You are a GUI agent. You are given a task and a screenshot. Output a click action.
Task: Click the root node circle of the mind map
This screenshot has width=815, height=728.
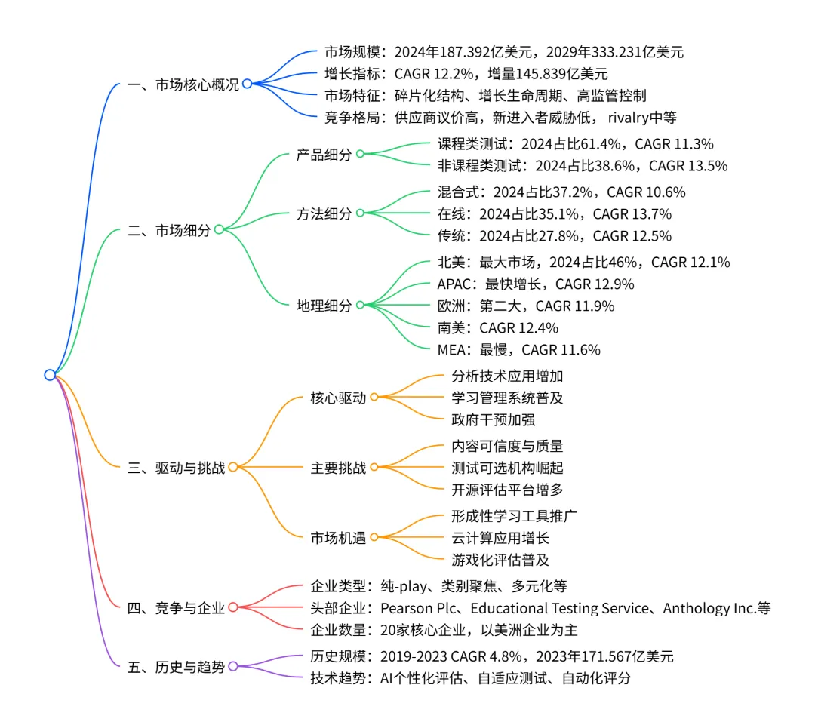[x=50, y=375]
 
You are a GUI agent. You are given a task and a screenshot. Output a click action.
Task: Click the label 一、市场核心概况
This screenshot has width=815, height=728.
[x=183, y=84]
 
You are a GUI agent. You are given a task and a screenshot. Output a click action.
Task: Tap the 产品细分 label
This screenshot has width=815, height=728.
[x=324, y=155]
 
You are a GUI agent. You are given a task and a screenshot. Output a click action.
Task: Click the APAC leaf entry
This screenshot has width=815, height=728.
[x=536, y=284]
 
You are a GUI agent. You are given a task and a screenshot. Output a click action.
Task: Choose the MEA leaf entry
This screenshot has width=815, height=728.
[x=518, y=349]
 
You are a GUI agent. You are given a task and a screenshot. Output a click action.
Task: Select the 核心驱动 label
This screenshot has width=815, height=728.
[x=338, y=398]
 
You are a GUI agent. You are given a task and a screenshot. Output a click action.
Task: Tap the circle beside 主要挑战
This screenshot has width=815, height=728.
[x=374, y=468]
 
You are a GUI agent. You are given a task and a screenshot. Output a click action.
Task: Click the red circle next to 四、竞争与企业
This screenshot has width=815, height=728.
[x=232, y=608]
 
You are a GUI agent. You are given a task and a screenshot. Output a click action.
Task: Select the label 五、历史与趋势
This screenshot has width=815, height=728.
[x=177, y=667]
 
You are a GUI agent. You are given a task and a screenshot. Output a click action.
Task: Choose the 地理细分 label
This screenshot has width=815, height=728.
[x=324, y=306]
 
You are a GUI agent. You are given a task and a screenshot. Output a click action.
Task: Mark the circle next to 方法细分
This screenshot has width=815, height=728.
[x=360, y=213]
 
